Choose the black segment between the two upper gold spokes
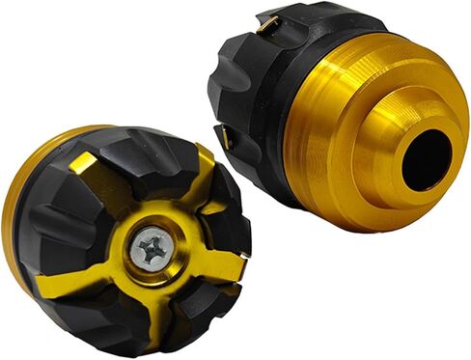145,174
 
